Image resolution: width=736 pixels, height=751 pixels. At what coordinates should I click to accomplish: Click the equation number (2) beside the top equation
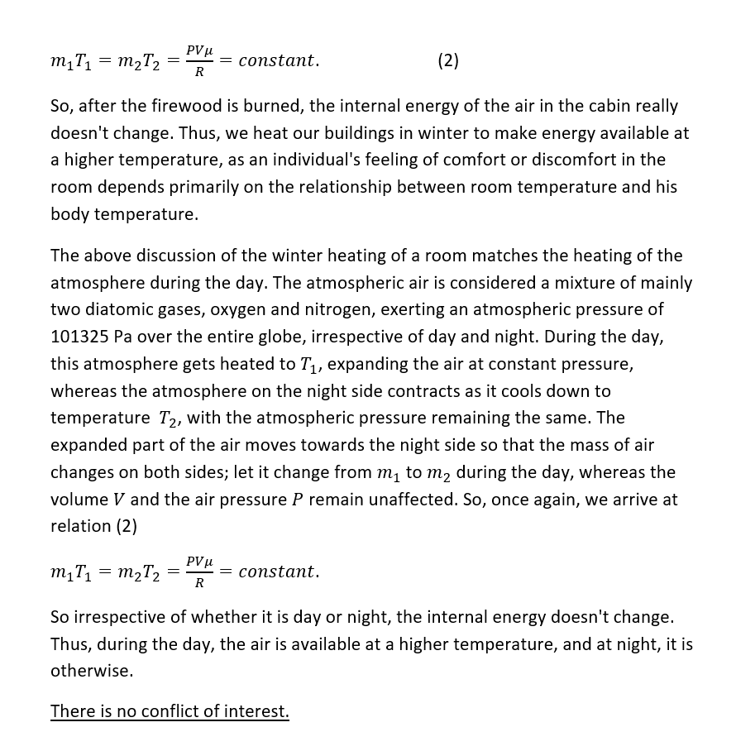tap(447, 60)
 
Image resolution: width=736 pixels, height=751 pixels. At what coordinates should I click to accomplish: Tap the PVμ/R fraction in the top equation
tap(199, 60)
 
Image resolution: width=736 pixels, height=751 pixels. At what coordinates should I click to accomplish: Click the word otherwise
tap(91, 671)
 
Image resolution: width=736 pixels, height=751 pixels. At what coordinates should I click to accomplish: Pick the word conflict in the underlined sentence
tap(177, 711)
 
